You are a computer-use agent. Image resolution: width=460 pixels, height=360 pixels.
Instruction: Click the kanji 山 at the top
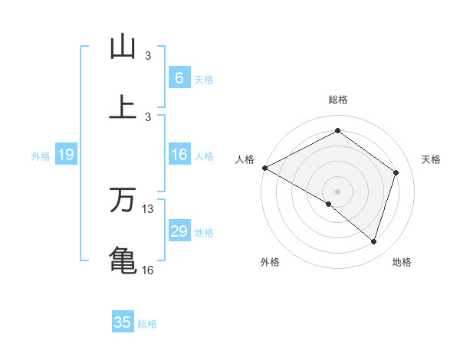click(x=123, y=47)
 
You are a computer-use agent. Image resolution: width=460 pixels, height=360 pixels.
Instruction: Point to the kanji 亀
click(x=123, y=259)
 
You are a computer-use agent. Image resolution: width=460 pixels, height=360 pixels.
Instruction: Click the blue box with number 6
click(x=179, y=78)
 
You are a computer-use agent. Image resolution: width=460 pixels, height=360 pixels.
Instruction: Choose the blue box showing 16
click(x=179, y=155)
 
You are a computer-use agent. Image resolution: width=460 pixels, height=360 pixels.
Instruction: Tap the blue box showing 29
click(x=179, y=231)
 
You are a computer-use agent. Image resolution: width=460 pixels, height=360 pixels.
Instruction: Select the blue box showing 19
click(x=66, y=155)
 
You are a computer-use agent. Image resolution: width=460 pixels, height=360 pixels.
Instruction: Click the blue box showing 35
click(x=123, y=322)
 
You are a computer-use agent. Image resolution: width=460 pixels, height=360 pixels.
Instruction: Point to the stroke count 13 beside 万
click(x=148, y=208)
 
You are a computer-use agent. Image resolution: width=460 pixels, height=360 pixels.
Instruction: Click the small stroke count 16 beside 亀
click(x=148, y=269)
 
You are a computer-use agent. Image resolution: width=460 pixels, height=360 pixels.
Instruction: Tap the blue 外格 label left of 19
click(x=41, y=156)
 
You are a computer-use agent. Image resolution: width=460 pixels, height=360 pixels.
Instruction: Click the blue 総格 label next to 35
click(x=147, y=323)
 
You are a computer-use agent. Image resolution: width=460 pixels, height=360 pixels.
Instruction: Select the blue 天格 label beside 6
click(x=203, y=79)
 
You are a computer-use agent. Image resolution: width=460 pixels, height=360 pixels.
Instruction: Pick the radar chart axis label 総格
click(x=338, y=100)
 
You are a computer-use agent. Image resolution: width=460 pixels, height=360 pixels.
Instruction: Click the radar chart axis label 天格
click(x=431, y=159)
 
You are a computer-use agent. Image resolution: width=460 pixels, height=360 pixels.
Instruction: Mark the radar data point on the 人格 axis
click(x=264, y=168)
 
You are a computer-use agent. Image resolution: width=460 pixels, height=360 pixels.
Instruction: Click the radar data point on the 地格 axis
click(x=373, y=241)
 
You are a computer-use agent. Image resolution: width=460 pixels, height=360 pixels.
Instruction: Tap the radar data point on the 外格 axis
click(x=329, y=204)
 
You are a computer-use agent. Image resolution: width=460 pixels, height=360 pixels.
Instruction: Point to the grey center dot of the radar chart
click(x=338, y=191)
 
